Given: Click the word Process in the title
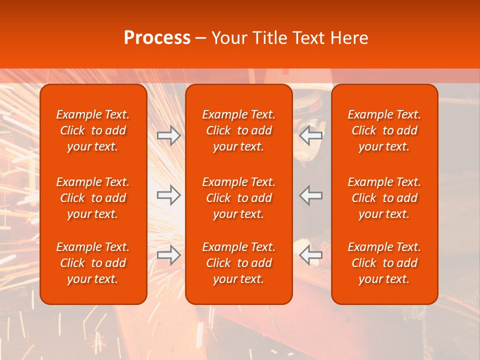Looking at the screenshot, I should coord(157,38).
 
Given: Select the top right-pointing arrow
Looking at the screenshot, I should coord(168,135).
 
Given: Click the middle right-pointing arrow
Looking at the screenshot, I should coord(168,195).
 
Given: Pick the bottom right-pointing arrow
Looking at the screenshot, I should coord(168,255).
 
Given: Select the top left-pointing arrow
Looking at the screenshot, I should coord(310,135).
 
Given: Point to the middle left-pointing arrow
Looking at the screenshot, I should coord(310,195).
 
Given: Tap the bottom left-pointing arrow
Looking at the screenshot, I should coord(310,255).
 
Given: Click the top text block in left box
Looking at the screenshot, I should coord(93,130).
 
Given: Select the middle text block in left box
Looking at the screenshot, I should coord(93,198).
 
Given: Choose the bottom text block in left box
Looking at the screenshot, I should coord(93,263).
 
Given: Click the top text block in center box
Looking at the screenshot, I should coord(238,130).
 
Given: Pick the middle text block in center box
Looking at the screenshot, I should coord(238,198).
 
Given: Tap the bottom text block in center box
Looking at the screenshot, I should coord(238,263).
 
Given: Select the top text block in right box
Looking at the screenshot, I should coord(384,130).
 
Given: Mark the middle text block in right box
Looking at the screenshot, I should coord(384,198).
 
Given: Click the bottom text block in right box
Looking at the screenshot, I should coord(384,263).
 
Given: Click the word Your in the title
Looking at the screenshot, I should coord(228,38).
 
